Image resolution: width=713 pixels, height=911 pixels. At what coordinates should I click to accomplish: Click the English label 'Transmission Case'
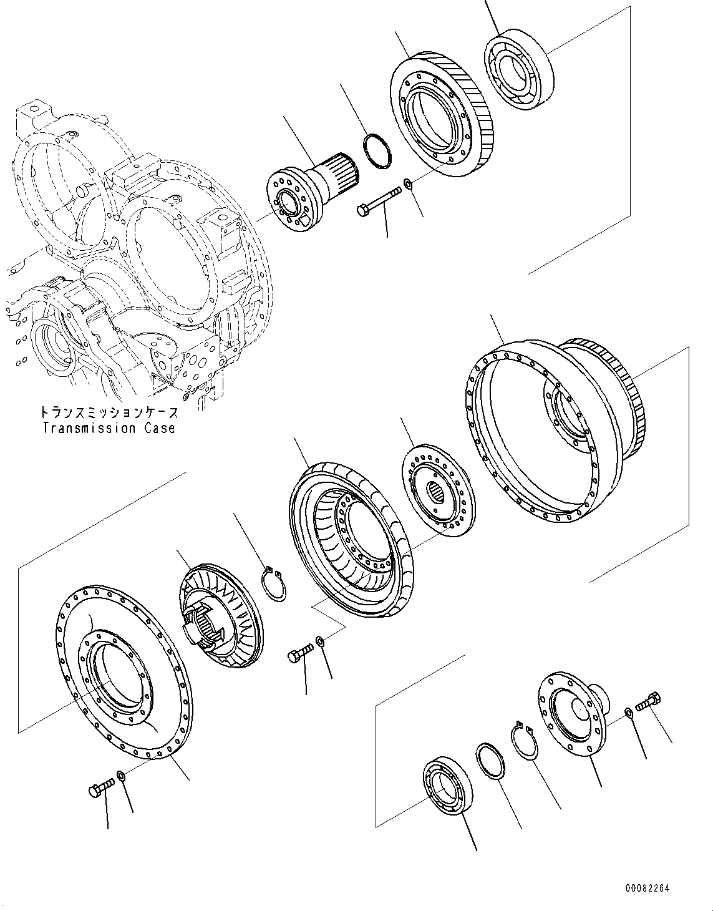click(x=109, y=428)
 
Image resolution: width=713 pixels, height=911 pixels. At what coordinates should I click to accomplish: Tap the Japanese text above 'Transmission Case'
click(x=109, y=412)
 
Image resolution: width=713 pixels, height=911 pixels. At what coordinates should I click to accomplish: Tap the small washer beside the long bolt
click(x=407, y=183)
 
